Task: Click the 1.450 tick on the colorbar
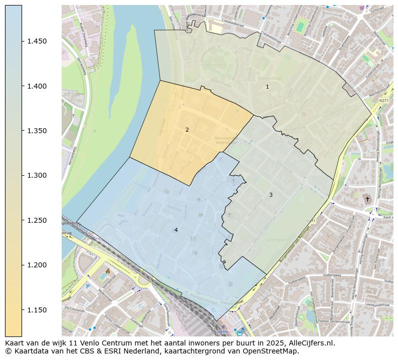point(37,41)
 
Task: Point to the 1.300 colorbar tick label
point(37,175)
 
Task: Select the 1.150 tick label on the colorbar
point(37,310)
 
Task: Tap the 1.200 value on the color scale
point(37,265)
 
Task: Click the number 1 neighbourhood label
point(267,87)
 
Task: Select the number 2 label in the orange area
point(187,130)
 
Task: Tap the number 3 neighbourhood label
point(271,195)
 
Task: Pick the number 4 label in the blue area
point(176,230)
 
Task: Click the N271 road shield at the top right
point(383,101)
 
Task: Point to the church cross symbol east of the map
point(367,199)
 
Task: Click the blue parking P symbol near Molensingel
point(88,286)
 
